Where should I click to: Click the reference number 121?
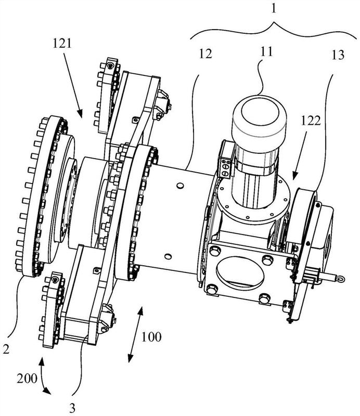pos(62,43)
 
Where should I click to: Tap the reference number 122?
pos(311,121)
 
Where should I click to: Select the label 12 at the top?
pos(205,54)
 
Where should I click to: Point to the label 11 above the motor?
pos(266,51)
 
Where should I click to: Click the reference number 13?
pos(338,55)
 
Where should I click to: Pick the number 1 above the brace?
pos(274,8)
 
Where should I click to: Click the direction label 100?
pos(151,337)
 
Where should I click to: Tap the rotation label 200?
pos(27,378)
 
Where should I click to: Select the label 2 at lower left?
pos(6,348)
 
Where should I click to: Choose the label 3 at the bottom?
pos(72,408)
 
